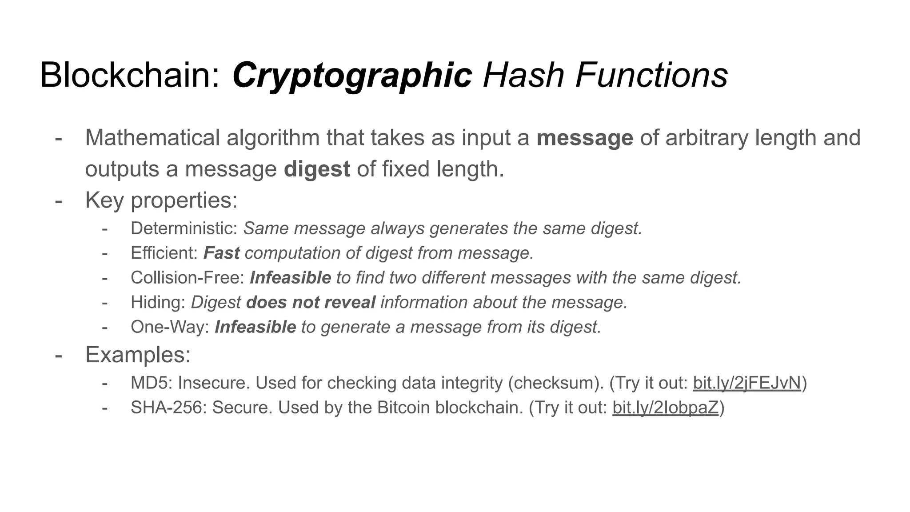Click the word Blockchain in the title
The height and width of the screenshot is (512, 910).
click(x=129, y=76)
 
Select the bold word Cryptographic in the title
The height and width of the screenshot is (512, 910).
click(x=352, y=76)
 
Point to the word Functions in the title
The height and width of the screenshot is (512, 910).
click(x=651, y=76)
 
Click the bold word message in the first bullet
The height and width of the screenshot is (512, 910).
click(x=585, y=138)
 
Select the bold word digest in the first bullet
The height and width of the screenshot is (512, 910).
click(x=317, y=169)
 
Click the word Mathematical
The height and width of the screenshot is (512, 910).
click(x=152, y=138)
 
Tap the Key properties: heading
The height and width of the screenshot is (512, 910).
click(x=161, y=200)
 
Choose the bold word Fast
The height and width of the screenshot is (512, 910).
click(x=221, y=253)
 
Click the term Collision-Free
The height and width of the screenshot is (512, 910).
click(x=187, y=278)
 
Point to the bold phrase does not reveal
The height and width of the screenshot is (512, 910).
click(x=311, y=303)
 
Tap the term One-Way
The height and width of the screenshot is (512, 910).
click(x=169, y=327)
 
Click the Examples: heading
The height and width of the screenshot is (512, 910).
click(x=138, y=355)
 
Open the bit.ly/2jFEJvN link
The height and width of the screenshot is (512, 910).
click(x=747, y=383)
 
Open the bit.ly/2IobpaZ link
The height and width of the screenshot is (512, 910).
click(x=665, y=408)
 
